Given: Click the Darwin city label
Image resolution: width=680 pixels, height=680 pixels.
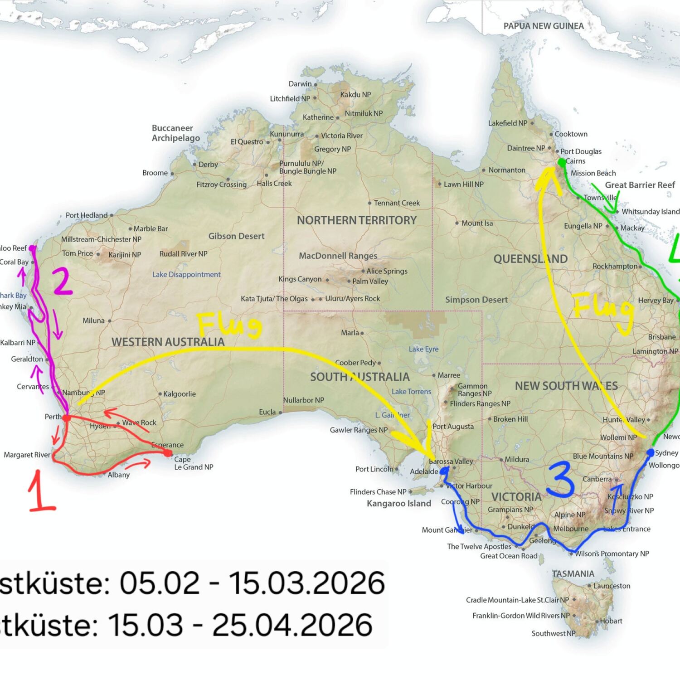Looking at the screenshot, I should [x=300, y=84].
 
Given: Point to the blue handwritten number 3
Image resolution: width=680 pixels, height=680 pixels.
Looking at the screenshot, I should [x=561, y=480].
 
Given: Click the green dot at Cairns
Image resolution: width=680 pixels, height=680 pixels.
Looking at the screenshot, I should [x=562, y=162].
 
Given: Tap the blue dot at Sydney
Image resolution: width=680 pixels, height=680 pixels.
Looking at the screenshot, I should [x=651, y=452].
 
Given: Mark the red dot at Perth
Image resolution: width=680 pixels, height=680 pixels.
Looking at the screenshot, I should [x=66, y=418].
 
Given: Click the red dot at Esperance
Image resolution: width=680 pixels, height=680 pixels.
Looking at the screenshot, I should [x=168, y=452].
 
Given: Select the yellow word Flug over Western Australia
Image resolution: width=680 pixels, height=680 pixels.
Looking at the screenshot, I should [x=230, y=325].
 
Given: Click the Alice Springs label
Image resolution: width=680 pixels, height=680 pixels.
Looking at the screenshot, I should [x=387, y=271].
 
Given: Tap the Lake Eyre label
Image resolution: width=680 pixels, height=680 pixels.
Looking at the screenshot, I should [x=423, y=349].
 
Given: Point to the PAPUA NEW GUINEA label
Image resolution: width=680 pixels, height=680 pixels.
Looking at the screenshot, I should [x=544, y=26].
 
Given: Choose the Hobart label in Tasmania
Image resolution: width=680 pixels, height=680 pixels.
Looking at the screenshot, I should [x=611, y=621].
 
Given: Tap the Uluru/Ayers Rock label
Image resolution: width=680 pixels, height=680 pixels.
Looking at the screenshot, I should [x=353, y=299].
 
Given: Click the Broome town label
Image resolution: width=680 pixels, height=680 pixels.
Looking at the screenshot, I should [x=155, y=173].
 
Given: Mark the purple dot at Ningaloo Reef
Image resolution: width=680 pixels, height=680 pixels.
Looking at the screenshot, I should [x=32, y=248].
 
